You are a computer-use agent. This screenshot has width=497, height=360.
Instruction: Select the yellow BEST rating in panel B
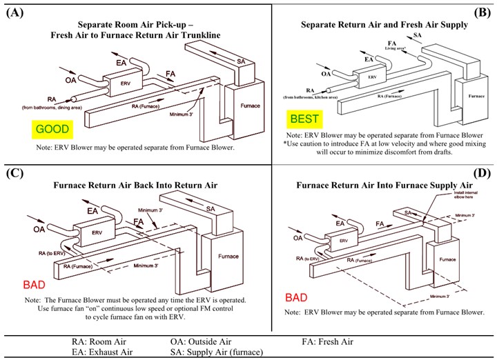(x=304, y=119)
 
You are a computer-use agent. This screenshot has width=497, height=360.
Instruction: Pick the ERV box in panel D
(x=342, y=241)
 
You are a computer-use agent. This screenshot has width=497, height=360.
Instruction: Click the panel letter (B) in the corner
(x=480, y=12)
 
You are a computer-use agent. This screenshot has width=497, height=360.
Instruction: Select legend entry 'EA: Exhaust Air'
(x=101, y=352)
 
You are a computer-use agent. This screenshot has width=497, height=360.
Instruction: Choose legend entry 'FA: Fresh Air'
(x=327, y=341)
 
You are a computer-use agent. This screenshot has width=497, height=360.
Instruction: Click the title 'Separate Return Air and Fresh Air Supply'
(x=384, y=24)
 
